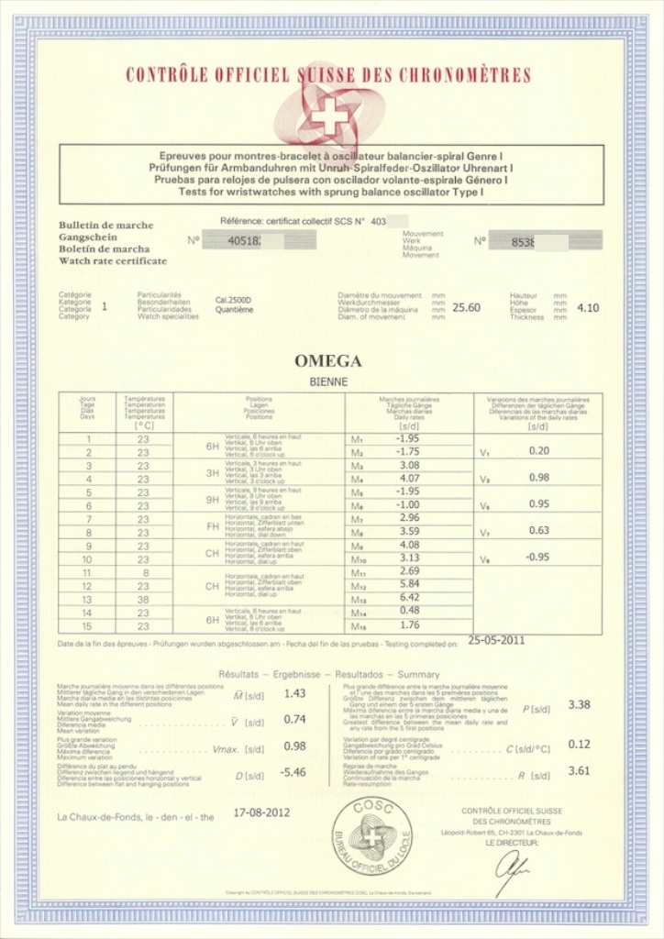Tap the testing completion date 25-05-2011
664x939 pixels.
point(497,640)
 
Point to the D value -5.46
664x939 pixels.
point(293,773)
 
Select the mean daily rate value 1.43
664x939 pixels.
point(294,694)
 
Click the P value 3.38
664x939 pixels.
point(580,704)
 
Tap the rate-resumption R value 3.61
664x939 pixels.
point(580,771)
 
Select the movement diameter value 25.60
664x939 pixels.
point(467,308)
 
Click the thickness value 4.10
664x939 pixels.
point(588,308)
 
